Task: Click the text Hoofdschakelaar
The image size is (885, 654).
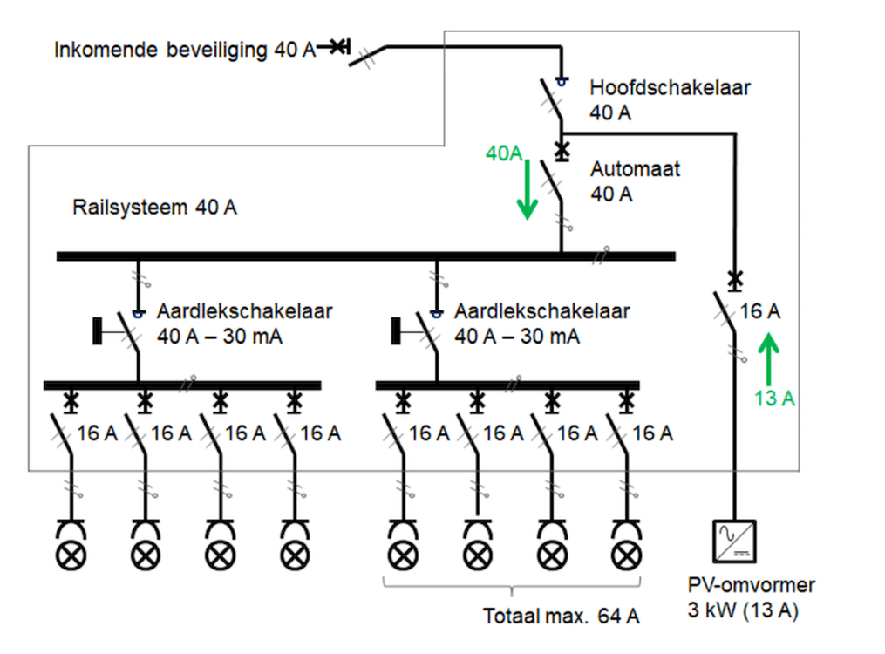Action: click(670, 88)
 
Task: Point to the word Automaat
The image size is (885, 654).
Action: click(635, 168)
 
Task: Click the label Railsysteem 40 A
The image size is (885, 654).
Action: click(154, 208)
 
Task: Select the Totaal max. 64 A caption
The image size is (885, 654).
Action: click(562, 617)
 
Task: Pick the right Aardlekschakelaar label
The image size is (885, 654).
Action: click(541, 311)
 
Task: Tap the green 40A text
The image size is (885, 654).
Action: click(504, 154)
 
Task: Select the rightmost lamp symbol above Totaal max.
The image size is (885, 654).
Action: click(626, 554)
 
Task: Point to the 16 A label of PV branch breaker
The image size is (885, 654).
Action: click(760, 311)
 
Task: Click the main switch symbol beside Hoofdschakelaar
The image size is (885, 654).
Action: click(551, 100)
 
